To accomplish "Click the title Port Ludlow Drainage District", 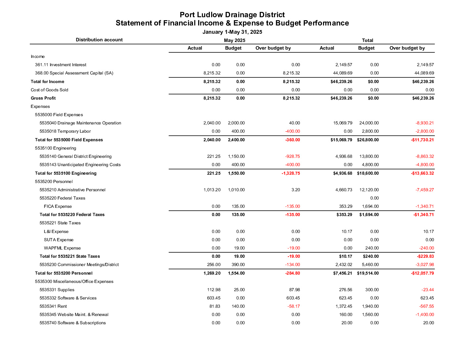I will (232, 15).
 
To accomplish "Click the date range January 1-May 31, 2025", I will (232, 32).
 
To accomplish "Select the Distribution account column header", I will (99, 40).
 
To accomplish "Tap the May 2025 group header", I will (234, 40).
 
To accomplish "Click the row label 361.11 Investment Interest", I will (61, 65).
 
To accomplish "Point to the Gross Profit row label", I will (43, 98).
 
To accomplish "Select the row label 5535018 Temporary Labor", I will (65, 131).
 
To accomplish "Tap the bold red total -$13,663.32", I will (422, 173).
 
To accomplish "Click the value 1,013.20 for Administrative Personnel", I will (212, 190).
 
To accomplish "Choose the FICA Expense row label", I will (58, 206).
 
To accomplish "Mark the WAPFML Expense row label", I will (62, 248).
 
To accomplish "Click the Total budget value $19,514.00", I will (368, 273).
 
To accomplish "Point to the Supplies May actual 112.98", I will (213, 290).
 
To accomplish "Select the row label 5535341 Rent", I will (53, 306).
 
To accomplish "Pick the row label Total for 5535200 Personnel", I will (64, 273).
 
